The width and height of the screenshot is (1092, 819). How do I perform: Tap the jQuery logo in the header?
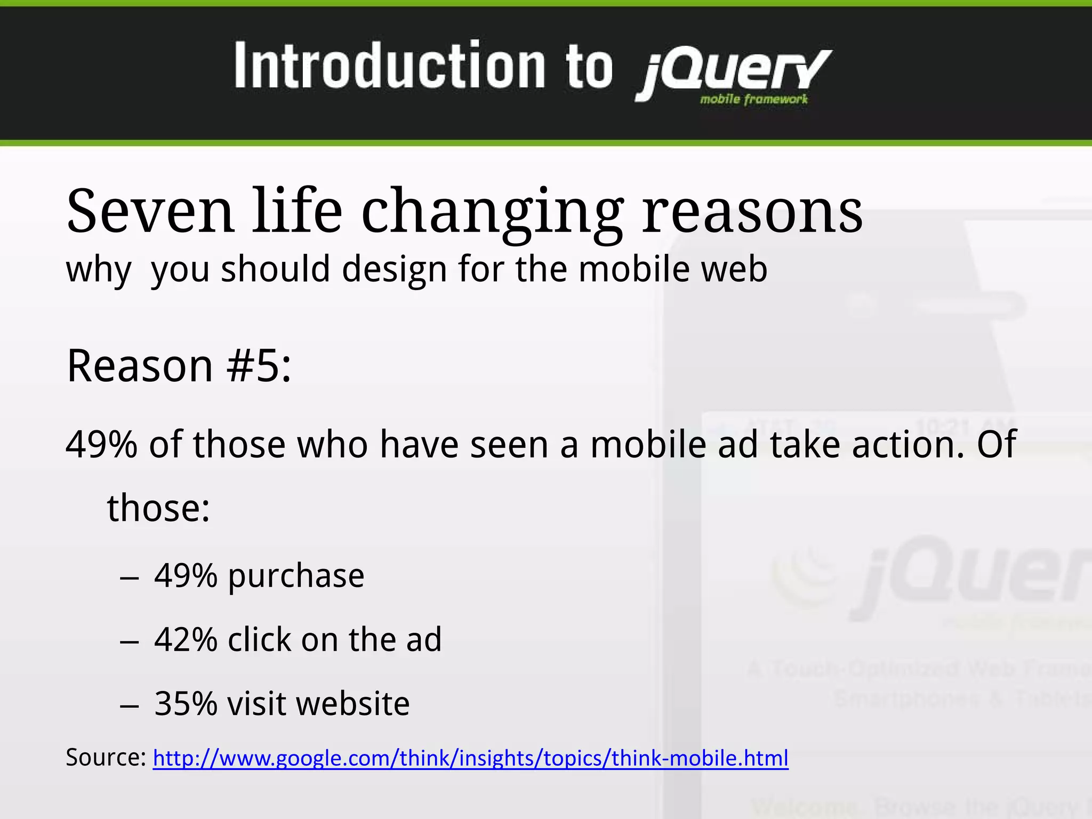pyautogui.click(x=733, y=72)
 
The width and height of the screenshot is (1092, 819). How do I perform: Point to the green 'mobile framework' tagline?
pyautogui.click(x=753, y=99)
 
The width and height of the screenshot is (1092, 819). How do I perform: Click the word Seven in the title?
pyautogui.click(x=150, y=212)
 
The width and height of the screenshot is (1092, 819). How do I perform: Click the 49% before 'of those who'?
pyautogui.click(x=101, y=444)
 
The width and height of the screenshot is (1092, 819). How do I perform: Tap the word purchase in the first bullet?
pyautogui.click(x=296, y=576)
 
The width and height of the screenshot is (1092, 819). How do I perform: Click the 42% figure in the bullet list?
pyautogui.click(x=186, y=639)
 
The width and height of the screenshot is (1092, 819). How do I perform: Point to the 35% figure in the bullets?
pyautogui.click(x=186, y=703)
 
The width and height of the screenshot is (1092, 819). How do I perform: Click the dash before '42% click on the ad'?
pyautogui.click(x=130, y=642)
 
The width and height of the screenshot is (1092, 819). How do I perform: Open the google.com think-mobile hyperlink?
pyautogui.click(x=470, y=758)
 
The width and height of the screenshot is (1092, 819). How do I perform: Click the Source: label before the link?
pyautogui.click(x=106, y=757)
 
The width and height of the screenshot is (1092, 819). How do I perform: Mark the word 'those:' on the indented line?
pyautogui.click(x=158, y=508)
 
